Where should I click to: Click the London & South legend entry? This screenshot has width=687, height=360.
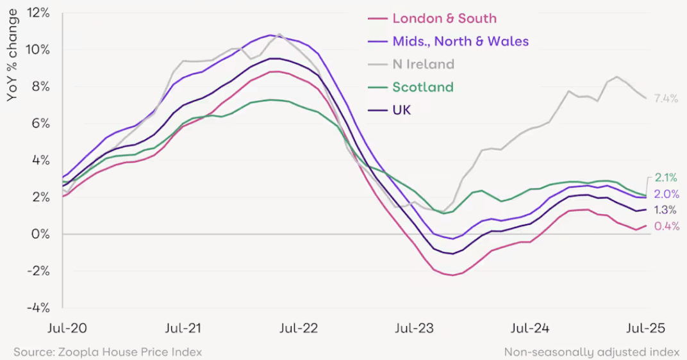pos(444,19)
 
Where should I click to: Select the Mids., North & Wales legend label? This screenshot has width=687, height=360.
pos(460,42)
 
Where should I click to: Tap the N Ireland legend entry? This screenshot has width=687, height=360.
pos(423,64)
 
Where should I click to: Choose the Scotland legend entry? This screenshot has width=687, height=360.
pos(422,87)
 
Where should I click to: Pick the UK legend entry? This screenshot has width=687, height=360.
pos(401,110)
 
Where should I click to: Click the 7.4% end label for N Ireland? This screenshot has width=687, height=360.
pos(666,99)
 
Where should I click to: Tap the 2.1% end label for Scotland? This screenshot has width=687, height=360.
pos(666,178)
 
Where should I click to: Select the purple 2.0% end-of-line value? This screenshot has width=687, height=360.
pos(666,194)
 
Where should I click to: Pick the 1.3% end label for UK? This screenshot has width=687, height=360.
pos(666,210)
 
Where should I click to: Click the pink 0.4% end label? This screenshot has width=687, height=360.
pos(666,226)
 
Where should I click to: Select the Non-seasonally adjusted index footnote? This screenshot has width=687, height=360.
pos(591,352)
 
